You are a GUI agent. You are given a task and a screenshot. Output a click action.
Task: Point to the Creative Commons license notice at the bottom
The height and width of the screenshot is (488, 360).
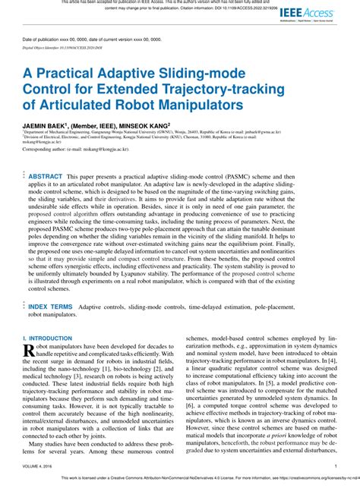180,480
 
